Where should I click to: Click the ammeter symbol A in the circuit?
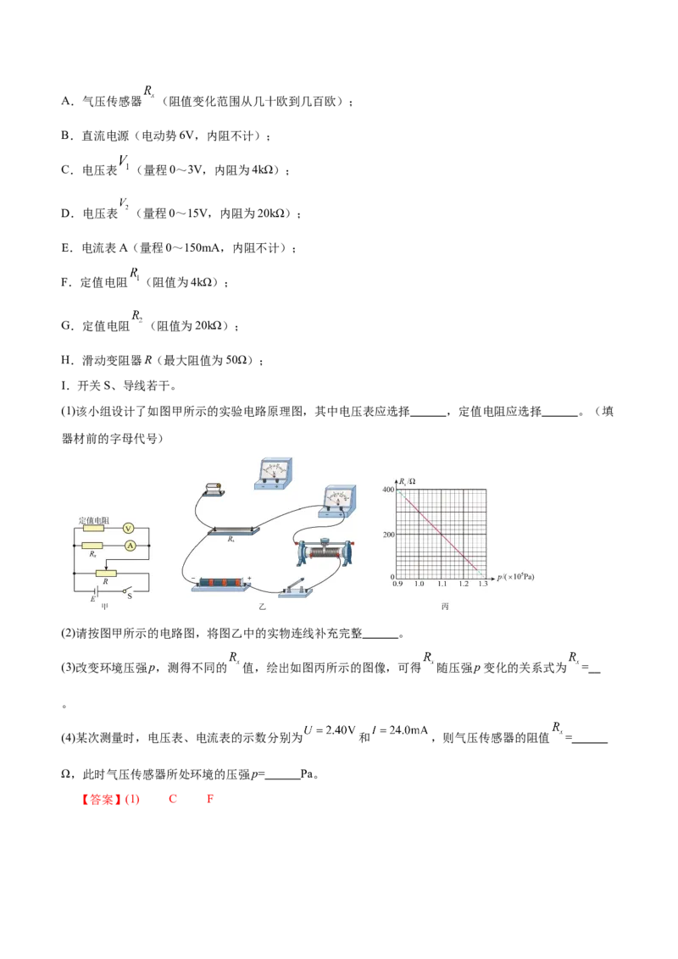(130, 546)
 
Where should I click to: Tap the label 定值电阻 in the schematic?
(92, 518)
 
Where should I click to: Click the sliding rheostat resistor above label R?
(105, 574)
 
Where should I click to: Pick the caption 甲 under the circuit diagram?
(104, 607)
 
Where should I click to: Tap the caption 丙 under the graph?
(444, 607)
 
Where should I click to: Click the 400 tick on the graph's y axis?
(389, 490)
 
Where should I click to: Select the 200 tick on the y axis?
(389, 534)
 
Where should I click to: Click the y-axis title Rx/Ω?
(407, 480)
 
